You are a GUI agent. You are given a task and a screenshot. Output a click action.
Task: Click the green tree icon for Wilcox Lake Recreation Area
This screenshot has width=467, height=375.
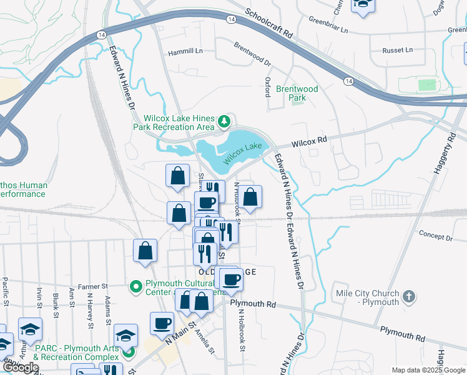(224, 121)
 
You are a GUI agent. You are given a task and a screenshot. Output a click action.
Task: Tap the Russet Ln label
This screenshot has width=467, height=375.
(398, 50)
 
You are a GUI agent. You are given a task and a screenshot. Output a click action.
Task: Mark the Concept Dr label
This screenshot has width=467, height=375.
(435, 237)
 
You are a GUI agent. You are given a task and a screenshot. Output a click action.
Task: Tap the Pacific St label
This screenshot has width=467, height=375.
(6, 291)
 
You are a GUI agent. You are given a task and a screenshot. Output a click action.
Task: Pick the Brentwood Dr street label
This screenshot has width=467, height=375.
(252, 54)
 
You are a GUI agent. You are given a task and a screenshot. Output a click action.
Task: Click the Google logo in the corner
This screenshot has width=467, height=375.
(21, 367)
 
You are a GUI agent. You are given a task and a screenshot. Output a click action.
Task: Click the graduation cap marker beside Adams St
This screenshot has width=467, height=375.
(125, 334)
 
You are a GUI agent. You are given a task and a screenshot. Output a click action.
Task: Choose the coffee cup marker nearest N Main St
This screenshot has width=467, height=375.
(162, 323)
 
